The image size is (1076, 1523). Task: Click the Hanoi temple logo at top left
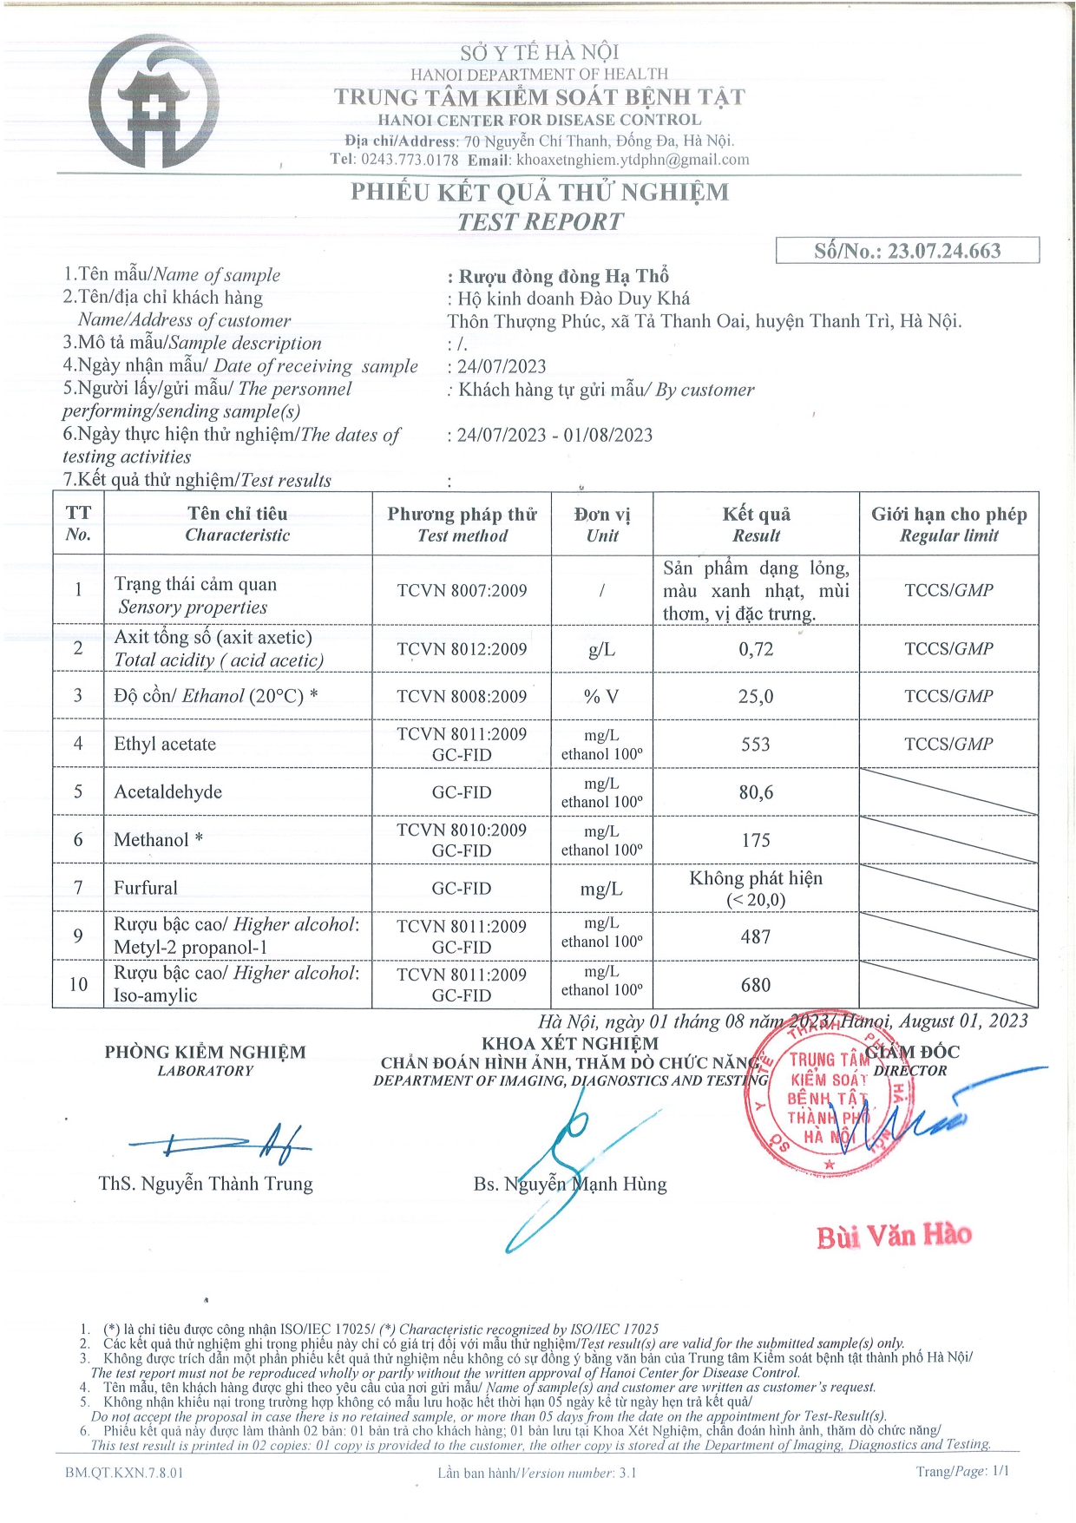pyautogui.click(x=154, y=102)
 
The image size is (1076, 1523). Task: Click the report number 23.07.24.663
pyautogui.click(x=943, y=252)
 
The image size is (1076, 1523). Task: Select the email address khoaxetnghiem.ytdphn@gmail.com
pyautogui.click(x=633, y=160)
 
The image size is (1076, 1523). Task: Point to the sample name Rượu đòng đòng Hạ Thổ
pyautogui.click(x=563, y=277)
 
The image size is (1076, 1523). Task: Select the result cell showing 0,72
pyautogui.click(x=756, y=649)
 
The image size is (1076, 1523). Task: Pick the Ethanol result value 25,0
pyautogui.click(x=756, y=696)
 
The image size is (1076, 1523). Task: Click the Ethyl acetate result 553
pyautogui.click(x=756, y=744)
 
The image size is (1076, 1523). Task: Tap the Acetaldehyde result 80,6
pyautogui.click(x=756, y=792)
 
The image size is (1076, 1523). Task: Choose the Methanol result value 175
pyautogui.click(x=756, y=840)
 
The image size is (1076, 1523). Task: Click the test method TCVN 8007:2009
pyautogui.click(x=462, y=591)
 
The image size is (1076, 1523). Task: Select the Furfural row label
pyautogui.click(x=146, y=888)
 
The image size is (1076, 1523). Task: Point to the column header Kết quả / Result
pyautogui.click(x=756, y=524)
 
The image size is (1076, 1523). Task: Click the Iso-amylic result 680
pyautogui.click(x=756, y=985)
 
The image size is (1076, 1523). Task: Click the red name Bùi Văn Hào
pyautogui.click(x=894, y=1235)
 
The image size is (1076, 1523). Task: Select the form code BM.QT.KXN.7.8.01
pyautogui.click(x=124, y=1473)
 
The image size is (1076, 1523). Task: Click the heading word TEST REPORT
pyautogui.click(x=540, y=222)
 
